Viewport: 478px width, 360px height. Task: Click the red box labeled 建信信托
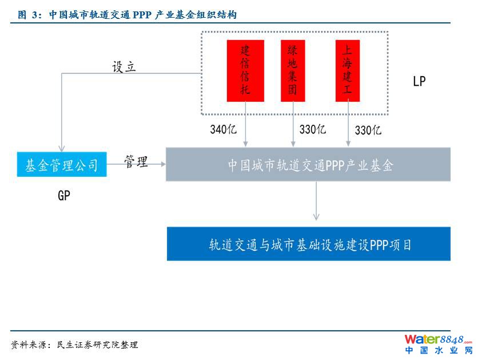[x=245, y=70]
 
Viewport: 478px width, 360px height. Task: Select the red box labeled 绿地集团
[x=293, y=70]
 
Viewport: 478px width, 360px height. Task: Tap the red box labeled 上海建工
[x=347, y=70]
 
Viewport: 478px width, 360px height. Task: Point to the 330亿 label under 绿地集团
[x=312, y=129]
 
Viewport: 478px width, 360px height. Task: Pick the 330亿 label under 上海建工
[x=368, y=130]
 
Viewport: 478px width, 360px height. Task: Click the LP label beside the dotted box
[x=419, y=81]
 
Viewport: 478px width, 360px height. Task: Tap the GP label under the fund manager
[x=64, y=196]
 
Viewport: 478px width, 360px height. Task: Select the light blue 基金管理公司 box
[x=62, y=165]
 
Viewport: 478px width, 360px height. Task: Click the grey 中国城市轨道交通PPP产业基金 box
[x=308, y=165]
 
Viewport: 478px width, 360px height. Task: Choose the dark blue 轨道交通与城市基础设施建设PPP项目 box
[x=308, y=244]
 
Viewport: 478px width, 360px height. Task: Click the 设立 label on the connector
[x=124, y=67]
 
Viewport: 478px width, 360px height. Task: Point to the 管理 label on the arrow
[x=136, y=162]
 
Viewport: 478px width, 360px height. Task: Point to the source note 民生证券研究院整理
[x=75, y=345]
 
